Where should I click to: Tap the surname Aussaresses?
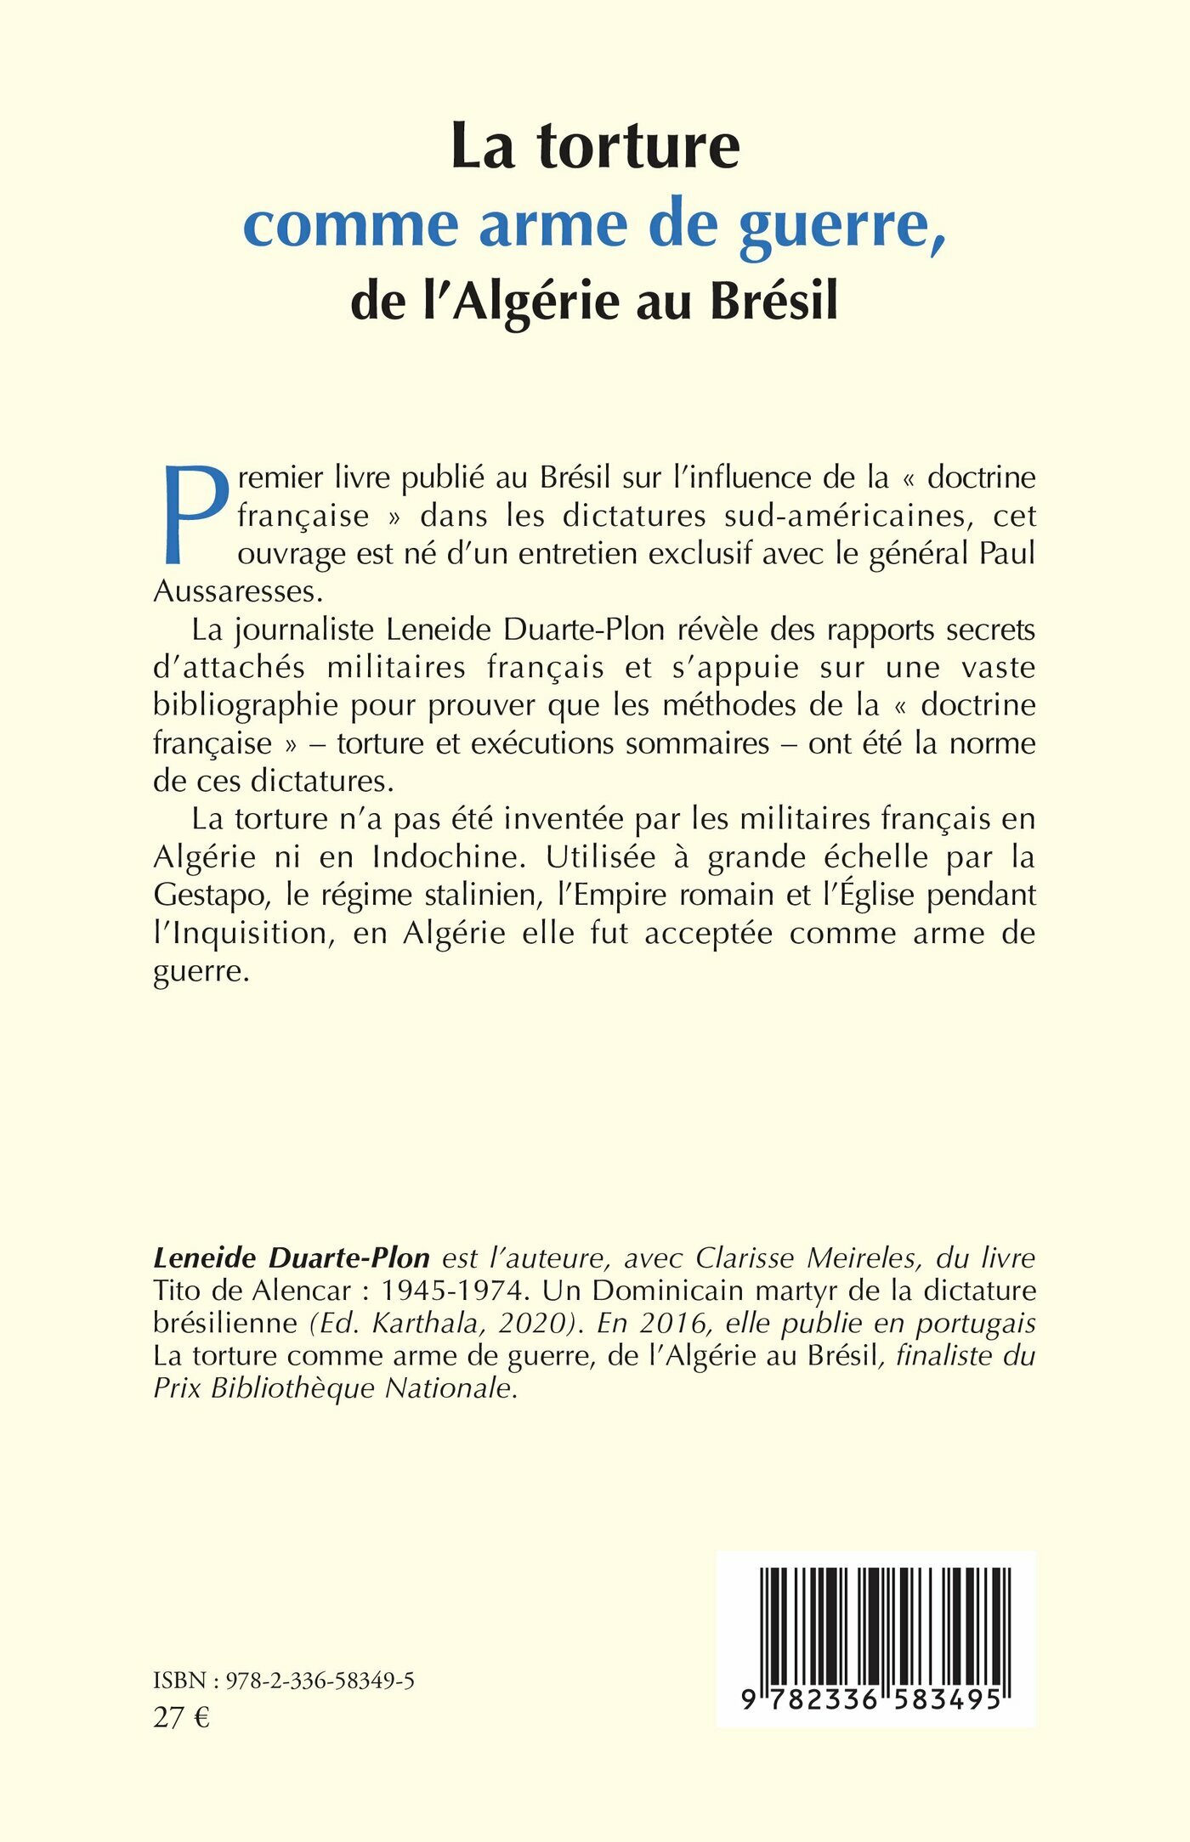click(x=234, y=591)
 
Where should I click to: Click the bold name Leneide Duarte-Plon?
click(x=292, y=1258)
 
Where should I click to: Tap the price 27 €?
click(x=181, y=1718)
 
